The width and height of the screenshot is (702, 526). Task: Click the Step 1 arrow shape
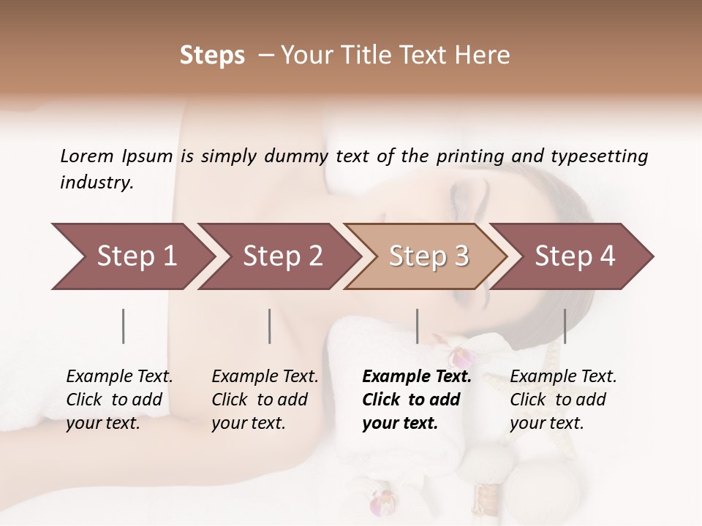(132, 256)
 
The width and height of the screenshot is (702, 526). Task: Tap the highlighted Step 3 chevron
(428, 256)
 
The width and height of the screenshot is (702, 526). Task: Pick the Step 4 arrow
(574, 256)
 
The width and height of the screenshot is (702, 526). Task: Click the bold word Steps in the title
(212, 56)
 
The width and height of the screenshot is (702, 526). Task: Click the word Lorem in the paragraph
(87, 156)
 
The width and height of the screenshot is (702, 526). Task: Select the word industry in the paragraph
(96, 182)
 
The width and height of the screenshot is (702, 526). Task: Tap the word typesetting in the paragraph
(600, 156)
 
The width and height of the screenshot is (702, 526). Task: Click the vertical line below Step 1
(124, 326)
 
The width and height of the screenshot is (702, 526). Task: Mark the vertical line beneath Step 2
(270, 326)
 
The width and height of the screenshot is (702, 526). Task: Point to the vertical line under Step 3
(418, 326)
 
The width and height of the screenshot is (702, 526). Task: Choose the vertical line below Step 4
(565, 326)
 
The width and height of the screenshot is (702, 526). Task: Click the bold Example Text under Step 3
(417, 377)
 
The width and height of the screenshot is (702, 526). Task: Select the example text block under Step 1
(119, 400)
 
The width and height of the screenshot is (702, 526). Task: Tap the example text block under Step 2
(265, 400)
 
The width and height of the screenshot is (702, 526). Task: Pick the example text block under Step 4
(563, 400)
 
